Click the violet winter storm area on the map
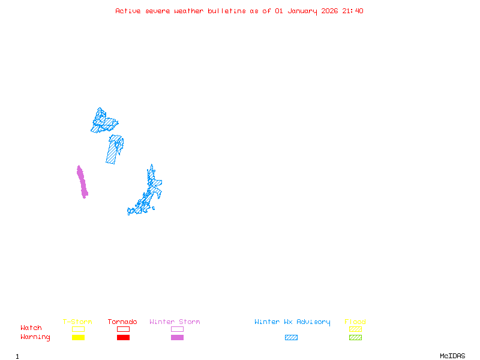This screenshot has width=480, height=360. point(82,181)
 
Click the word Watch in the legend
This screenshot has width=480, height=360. point(31,328)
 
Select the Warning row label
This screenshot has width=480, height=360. point(35,337)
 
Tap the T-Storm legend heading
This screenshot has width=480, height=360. point(77,322)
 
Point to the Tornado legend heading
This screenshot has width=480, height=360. point(122,322)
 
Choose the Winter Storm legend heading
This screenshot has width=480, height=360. point(175,322)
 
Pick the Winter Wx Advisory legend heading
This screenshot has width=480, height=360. point(292,322)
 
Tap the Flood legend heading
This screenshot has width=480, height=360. point(355,322)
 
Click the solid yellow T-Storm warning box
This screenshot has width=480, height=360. point(78,337)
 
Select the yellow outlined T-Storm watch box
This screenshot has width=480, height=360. point(78,329)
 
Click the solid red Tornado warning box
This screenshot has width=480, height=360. point(123,337)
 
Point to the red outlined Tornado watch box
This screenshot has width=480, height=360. point(123,329)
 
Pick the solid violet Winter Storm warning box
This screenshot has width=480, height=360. point(177,337)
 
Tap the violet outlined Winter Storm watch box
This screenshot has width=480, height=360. point(177,329)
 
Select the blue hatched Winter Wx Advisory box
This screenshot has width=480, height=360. point(291,337)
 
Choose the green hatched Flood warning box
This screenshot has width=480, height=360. point(355,337)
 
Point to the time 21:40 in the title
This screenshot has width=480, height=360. point(353,11)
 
